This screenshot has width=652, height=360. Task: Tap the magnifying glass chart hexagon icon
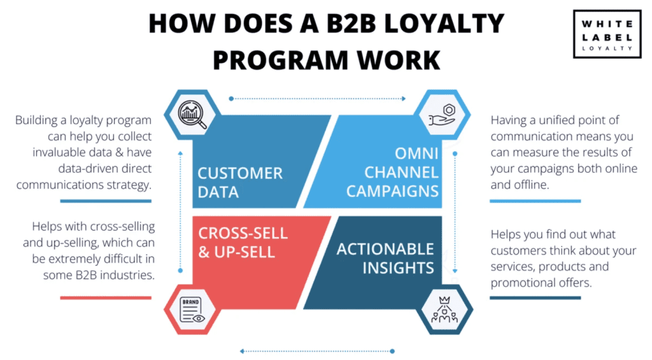pyautogui.click(x=192, y=115)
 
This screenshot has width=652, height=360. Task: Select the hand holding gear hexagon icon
pyautogui.click(x=443, y=115)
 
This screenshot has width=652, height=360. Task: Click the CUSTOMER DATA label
pyautogui.click(x=240, y=182)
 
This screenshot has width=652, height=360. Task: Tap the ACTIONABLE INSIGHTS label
pyautogui.click(x=385, y=258)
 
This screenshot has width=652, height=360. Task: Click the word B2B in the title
pyautogui.click(x=356, y=24)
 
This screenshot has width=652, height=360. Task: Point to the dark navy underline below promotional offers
pyautogui.click(x=535, y=298)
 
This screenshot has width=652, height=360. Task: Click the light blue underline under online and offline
pyautogui.click(x=535, y=201)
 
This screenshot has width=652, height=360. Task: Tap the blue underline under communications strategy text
pyautogui.click(x=106, y=201)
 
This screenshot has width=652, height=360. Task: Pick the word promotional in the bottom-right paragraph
pyautogui.click(x=521, y=282)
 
